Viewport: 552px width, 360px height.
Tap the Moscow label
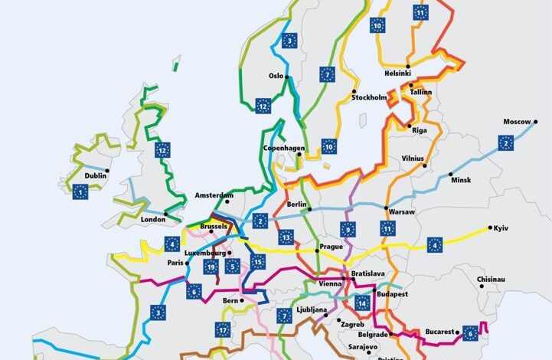[516, 122]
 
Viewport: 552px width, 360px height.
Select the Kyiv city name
[501, 229]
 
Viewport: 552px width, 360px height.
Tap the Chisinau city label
[491, 280]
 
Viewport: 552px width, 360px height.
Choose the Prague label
[332, 247]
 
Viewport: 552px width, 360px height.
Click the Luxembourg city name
[205, 253]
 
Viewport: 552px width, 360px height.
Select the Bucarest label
[442, 332]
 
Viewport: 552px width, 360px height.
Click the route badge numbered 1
[80, 193]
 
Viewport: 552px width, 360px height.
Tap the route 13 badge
[286, 237]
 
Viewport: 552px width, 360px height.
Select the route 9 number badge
[348, 228]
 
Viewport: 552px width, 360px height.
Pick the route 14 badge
[362, 303]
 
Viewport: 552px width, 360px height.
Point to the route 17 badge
[222, 330]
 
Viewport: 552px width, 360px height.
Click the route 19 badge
[211, 267]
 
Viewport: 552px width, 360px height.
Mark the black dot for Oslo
[287, 77]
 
